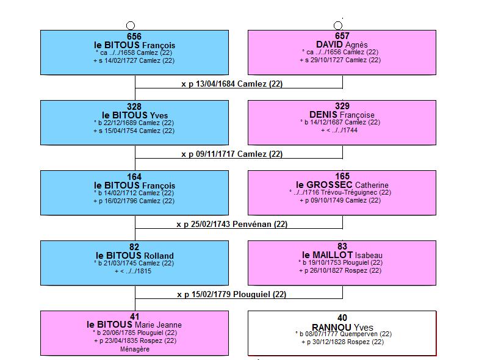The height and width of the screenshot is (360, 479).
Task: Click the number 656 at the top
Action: (134, 37)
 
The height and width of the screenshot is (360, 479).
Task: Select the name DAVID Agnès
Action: (342, 45)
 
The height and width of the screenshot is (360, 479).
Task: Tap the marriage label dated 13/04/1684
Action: (232, 84)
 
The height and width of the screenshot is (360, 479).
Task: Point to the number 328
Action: (134, 107)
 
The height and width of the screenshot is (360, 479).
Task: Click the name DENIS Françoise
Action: (342, 115)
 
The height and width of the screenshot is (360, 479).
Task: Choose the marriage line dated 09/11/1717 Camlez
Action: (232, 154)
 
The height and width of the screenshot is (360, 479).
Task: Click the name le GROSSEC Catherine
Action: (342, 185)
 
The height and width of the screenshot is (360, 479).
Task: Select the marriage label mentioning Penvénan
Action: (232, 225)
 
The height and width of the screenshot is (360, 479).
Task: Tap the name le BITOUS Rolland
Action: (135, 256)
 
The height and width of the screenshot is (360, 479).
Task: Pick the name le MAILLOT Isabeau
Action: (342, 255)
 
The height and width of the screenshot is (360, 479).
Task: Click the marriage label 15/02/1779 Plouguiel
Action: (231, 295)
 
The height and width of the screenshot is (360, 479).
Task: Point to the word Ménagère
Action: (135, 349)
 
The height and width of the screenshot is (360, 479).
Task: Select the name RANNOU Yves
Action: (342, 327)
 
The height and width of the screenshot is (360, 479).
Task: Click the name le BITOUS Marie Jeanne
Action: (134, 325)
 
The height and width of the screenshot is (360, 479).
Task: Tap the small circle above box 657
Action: (338, 26)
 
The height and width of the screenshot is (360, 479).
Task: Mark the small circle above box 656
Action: (131, 26)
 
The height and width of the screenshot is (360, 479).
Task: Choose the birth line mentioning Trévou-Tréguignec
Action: (340, 193)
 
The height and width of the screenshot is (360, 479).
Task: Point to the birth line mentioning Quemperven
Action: (344, 334)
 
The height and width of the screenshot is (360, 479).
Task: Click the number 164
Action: (134, 177)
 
